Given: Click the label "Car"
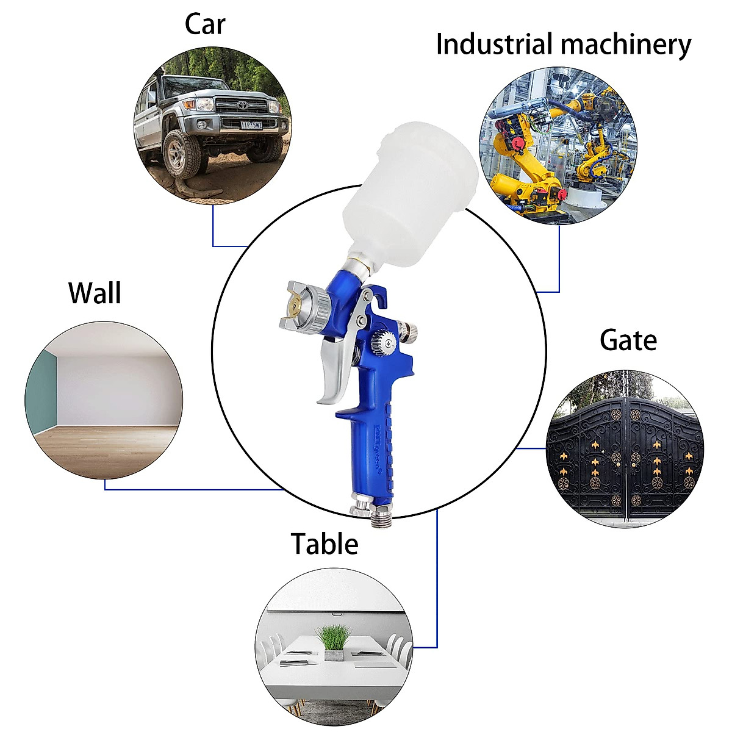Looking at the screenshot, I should click(x=205, y=24).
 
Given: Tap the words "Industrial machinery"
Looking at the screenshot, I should click(x=564, y=45).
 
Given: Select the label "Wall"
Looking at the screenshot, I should click(x=95, y=293).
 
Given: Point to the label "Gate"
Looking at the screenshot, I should click(x=628, y=340).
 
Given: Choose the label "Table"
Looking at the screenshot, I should click(x=324, y=544).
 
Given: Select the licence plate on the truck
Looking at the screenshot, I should click(x=252, y=125).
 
